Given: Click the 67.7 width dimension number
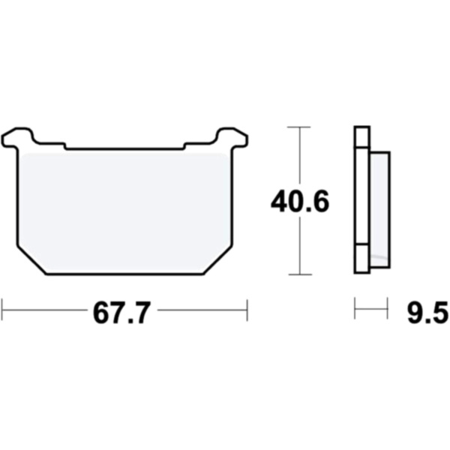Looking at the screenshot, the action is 122,313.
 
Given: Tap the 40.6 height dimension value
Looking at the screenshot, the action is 300,202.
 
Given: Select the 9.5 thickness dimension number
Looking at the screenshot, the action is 427,313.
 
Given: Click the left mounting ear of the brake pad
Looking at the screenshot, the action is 17,138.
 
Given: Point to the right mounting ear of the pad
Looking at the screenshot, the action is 232,138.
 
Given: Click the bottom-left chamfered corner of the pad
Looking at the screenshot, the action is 31,260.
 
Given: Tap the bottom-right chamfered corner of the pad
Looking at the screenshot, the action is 217,260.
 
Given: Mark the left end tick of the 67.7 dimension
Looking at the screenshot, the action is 2,310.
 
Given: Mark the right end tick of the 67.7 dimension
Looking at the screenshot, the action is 247,310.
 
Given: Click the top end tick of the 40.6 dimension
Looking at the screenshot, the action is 299,127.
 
